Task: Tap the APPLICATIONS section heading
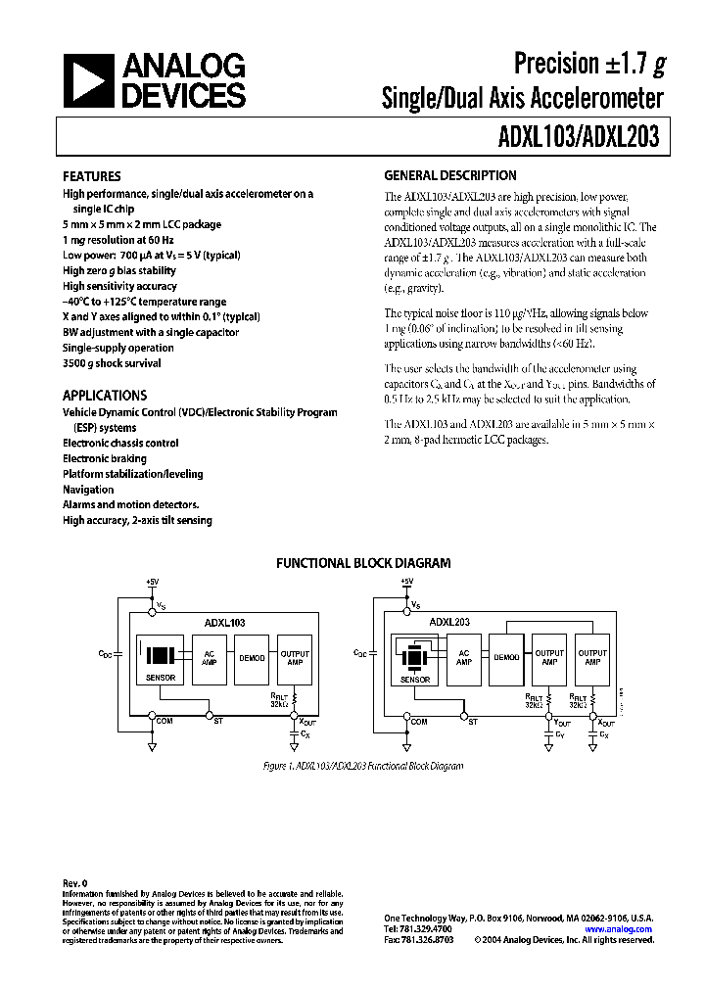tap(105, 396)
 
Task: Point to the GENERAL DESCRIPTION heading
tap(449, 176)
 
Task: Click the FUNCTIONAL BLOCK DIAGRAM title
tap(362, 563)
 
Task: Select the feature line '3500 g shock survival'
tap(112, 363)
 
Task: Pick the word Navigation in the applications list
tap(88, 490)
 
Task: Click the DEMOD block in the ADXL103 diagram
tap(253, 658)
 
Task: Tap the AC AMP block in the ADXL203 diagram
tap(464, 658)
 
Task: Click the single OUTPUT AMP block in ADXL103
tap(295, 658)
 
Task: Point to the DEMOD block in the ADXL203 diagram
tap(506, 658)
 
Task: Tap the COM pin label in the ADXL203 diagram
tap(419, 722)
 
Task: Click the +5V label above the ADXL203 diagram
tap(407, 582)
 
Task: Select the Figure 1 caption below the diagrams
tap(363, 766)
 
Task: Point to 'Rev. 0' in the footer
tap(75, 882)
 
